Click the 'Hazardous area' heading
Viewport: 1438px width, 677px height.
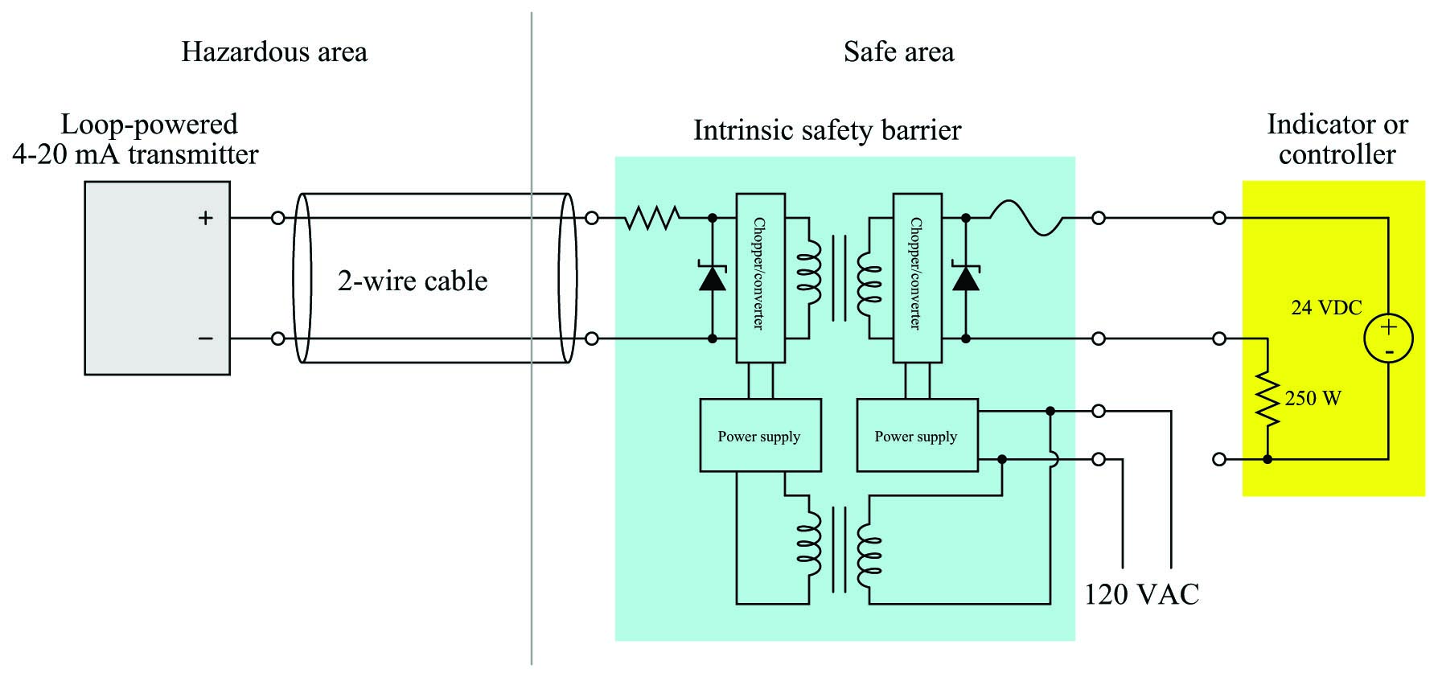tap(274, 52)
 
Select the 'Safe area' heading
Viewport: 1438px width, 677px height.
tap(898, 52)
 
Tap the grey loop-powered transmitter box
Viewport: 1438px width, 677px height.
tap(158, 278)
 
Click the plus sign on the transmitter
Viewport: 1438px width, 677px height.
tap(206, 218)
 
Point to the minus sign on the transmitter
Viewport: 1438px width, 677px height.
tap(206, 338)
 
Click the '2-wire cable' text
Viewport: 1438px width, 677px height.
tap(413, 281)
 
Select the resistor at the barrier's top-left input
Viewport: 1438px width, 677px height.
tap(652, 218)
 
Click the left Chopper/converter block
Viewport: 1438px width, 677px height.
tap(761, 278)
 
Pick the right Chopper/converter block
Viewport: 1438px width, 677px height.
tap(918, 278)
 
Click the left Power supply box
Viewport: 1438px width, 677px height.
tap(761, 435)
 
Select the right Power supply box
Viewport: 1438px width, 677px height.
tap(918, 435)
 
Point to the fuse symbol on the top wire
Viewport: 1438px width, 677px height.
tap(1026, 218)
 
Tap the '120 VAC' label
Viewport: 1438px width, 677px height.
tap(1141, 594)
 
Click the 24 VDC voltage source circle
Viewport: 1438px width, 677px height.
tap(1388, 338)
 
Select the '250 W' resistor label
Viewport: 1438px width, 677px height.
tap(1313, 398)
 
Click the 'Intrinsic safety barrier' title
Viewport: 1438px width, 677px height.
tap(827, 130)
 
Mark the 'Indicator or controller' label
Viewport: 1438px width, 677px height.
tap(1337, 139)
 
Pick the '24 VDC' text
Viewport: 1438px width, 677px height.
tap(1326, 307)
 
